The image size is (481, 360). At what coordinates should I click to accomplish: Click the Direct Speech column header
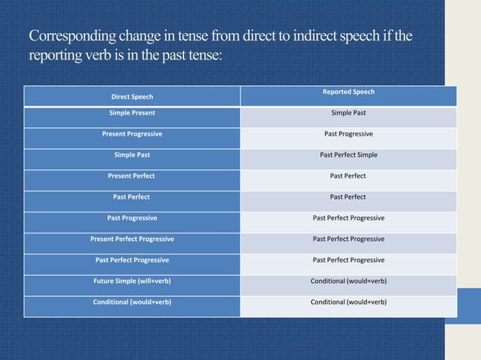(x=132, y=97)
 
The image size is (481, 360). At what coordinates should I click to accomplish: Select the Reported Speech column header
(x=348, y=92)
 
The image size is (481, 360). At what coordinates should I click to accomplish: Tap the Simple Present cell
(x=132, y=113)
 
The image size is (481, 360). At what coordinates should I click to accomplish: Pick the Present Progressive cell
(x=132, y=134)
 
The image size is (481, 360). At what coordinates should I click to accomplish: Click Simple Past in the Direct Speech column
(x=132, y=155)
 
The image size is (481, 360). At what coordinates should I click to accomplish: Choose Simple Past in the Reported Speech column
(x=348, y=113)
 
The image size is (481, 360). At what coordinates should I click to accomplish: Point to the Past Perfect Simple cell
(x=348, y=155)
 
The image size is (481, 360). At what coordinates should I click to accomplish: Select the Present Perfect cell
(x=132, y=175)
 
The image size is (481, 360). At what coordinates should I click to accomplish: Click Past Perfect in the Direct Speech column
(x=132, y=197)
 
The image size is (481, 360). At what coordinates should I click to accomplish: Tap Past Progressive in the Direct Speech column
(x=132, y=218)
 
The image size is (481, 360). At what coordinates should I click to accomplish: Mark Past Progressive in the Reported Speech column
(x=348, y=134)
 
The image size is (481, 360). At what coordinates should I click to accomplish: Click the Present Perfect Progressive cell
(x=132, y=239)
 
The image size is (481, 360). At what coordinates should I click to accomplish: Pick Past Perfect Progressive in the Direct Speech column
(x=132, y=260)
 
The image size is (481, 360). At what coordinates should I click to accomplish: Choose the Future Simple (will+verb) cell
(x=132, y=281)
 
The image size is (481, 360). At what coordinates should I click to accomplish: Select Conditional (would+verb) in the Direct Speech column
(x=132, y=302)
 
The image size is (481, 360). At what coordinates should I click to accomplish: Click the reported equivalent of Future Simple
(x=348, y=281)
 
